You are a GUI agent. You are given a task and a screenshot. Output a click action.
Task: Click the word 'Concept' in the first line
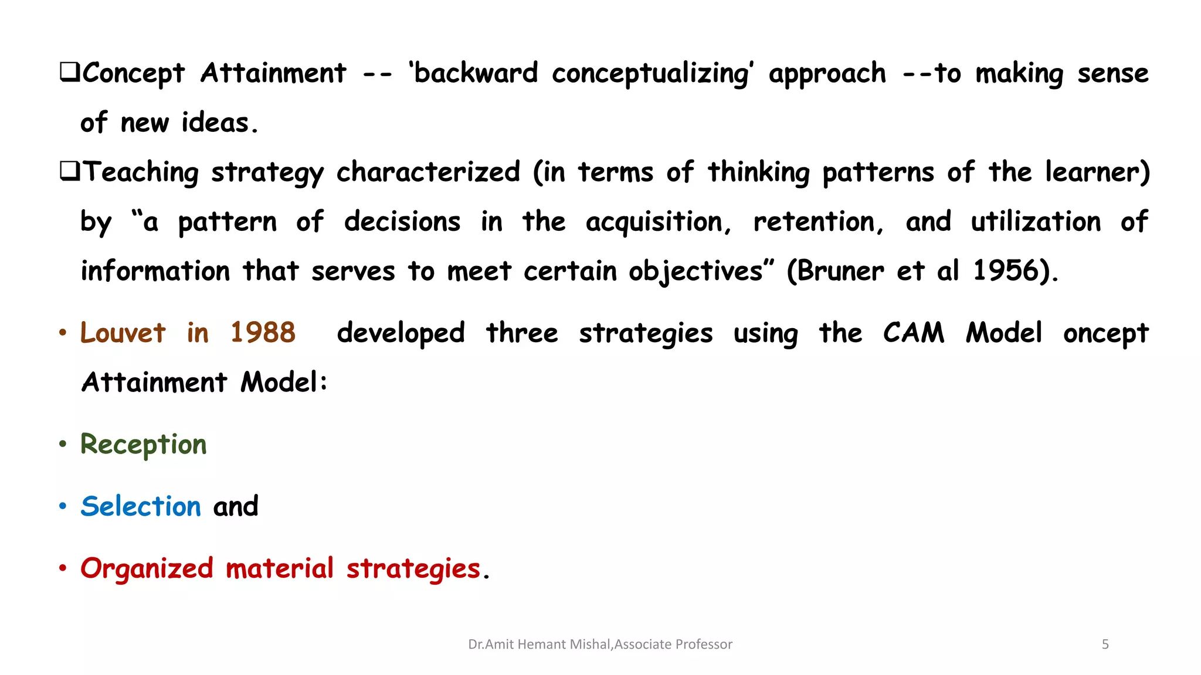pyautogui.click(x=134, y=74)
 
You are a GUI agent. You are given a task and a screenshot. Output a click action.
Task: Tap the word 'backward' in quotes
pyautogui.click(x=476, y=74)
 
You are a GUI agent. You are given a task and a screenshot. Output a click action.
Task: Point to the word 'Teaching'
pyautogui.click(x=141, y=173)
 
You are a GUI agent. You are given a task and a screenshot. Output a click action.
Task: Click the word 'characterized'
pyautogui.click(x=428, y=172)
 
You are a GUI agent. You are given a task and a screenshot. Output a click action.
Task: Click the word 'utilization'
pyautogui.click(x=1036, y=222)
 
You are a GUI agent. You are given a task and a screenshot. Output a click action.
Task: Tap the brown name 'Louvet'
pyautogui.click(x=123, y=333)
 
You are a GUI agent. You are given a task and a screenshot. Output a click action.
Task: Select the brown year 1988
pyautogui.click(x=263, y=333)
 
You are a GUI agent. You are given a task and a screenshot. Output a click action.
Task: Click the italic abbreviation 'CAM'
pyautogui.click(x=914, y=333)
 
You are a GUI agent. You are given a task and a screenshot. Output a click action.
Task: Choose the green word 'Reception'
pyautogui.click(x=144, y=445)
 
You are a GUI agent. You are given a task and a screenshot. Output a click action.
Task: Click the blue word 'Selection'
pyautogui.click(x=141, y=507)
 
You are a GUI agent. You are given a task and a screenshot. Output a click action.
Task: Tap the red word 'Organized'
pyautogui.click(x=147, y=569)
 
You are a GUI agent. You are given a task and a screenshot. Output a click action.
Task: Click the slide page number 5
pyautogui.click(x=1105, y=645)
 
